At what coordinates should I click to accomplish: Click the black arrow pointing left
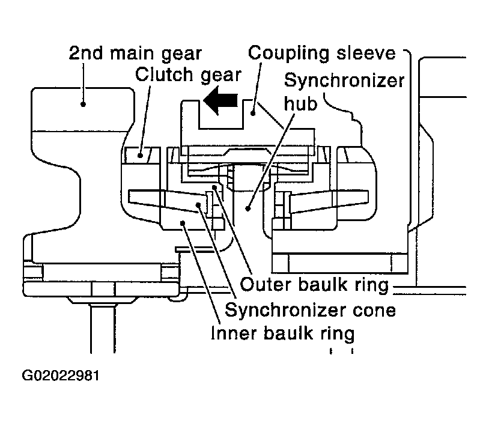[x=220, y=100]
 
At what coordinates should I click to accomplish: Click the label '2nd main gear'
[x=135, y=53]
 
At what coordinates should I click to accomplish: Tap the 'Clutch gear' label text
[x=188, y=75]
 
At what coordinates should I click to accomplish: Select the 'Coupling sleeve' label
[x=321, y=53]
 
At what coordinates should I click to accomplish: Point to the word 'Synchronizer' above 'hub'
[x=344, y=81]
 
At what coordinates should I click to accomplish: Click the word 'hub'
[x=300, y=103]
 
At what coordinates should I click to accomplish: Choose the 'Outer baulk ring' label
[x=314, y=285]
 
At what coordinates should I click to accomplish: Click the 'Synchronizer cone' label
[x=311, y=310]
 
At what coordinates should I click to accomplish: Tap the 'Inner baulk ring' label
[x=283, y=333]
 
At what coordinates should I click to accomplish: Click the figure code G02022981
[x=61, y=376]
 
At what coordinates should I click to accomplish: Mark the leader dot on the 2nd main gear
[x=83, y=104]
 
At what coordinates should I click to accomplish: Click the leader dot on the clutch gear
[x=141, y=154]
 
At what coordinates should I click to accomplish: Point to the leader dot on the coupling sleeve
[x=254, y=114]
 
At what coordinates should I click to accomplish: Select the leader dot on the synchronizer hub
[x=248, y=208]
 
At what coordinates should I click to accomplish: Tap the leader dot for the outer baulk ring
[x=214, y=187]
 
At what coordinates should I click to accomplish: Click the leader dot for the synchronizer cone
[x=198, y=204]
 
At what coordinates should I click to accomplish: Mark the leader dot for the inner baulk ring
[x=183, y=223]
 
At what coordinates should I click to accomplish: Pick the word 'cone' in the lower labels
[x=374, y=311]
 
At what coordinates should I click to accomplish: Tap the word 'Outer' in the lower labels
[x=266, y=285]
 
